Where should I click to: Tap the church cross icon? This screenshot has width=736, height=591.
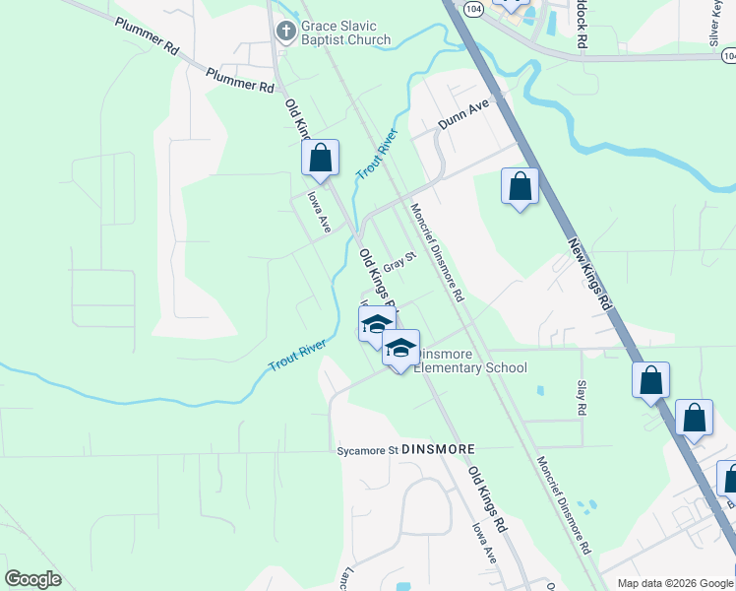click(x=285, y=32)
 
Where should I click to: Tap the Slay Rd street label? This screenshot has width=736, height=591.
click(x=582, y=396)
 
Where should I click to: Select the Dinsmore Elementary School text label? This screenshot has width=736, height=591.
click(x=470, y=361)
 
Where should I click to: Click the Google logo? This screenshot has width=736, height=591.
click(x=33, y=579)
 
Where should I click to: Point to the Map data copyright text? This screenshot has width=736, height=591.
click(x=674, y=583)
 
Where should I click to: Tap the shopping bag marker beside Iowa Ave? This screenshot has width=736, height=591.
click(x=320, y=158)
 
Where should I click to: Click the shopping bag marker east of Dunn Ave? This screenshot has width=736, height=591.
click(x=520, y=186)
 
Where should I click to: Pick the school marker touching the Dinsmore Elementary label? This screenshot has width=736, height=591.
click(x=400, y=349)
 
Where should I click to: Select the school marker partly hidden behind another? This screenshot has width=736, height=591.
click(x=374, y=324)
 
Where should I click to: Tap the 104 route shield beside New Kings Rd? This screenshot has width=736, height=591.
click(x=475, y=7)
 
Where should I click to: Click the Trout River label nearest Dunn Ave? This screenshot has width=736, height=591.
click(x=376, y=153)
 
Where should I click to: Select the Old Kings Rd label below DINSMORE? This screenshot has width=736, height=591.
click(x=486, y=498)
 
